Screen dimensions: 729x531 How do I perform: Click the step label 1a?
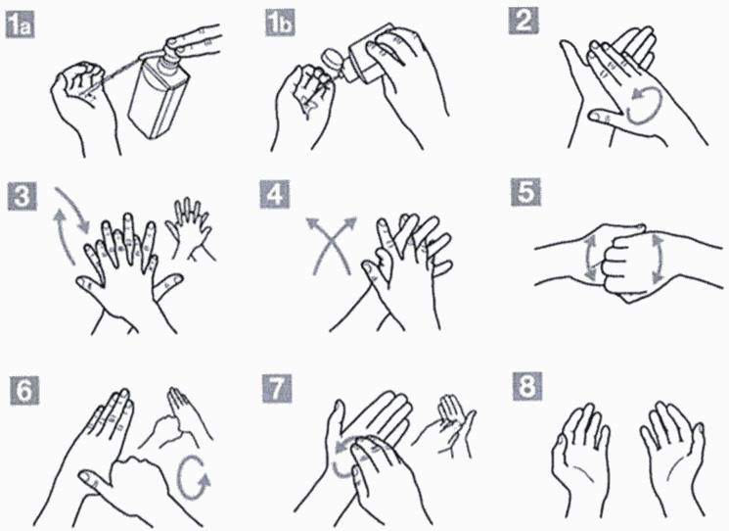click(x=20, y=25)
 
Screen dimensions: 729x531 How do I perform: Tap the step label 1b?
click(x=280, y=23)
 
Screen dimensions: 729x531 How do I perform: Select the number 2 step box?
click(x=524, y=21)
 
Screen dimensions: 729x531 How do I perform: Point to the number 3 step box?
click(x=22, y=196)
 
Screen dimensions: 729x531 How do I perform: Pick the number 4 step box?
click(x=275, y=194)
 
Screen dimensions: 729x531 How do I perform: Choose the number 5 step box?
click(x=525, y=192)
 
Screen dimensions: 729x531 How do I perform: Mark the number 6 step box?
click(x=24, y=390)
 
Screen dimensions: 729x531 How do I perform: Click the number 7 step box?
click(x=277, y=389)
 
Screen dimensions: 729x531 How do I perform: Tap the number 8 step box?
click(x=527, y=386)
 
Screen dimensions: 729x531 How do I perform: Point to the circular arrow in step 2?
click(x=645, y=106)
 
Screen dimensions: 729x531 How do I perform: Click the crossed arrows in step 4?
click(x=331, y=245)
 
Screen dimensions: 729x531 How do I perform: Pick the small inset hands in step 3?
click(x=191, y=228)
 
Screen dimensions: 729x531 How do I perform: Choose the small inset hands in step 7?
click(x=444, y=426)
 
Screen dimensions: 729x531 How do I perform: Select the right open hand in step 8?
click(x=673, y=459)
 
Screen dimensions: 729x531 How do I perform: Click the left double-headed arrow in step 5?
click(x=590, y=258)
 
